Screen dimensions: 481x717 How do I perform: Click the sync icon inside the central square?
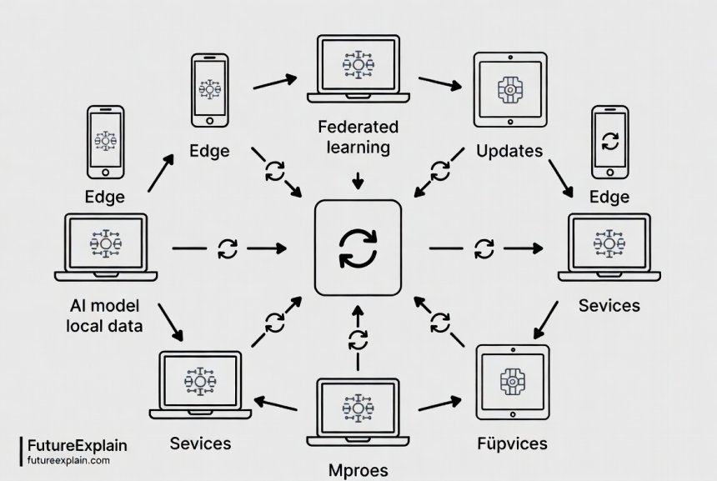pos(358,248)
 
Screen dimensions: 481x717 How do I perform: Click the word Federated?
pos(358,128)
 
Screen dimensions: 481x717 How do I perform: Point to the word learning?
pos(358,148)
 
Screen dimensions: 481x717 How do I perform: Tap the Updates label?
pos(509,152)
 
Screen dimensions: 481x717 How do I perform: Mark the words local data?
pos(104,325)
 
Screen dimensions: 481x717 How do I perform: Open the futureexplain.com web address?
pos(68,459)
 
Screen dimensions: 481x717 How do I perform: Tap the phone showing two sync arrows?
pos(610,142)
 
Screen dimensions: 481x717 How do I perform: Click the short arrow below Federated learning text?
pos(358,181)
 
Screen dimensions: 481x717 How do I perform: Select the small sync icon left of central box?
pos(227,248)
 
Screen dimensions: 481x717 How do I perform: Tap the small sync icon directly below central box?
pos(358,339)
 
